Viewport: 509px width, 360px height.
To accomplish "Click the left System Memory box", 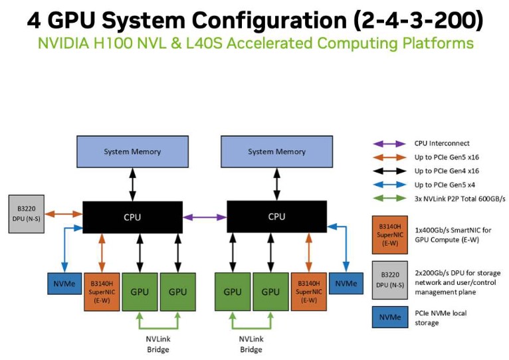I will [x=132, y=151].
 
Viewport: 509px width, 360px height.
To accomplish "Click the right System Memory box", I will [x=276, y=151].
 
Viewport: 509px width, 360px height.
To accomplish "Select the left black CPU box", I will [x=132, y=217].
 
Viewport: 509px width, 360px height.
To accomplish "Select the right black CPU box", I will [x=276, y=217].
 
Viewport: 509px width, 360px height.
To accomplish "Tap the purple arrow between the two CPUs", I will [x=205, y=217].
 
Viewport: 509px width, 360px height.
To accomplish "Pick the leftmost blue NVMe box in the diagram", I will [x=64, y=283].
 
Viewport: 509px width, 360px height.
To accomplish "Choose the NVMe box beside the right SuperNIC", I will [x=346, y=283].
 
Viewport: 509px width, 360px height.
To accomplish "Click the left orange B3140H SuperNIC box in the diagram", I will [x=101, y=291].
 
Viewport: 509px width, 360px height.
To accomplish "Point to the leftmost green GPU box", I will [x=140, y=291].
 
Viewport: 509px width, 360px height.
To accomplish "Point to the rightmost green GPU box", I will [x=270, y=291].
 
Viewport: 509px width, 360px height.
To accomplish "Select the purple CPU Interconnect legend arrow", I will [x=390, y=143].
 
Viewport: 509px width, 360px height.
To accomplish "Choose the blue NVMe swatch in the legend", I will [x=390, y=317].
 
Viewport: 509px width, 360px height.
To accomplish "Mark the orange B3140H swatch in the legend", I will [x=390, y=234].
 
